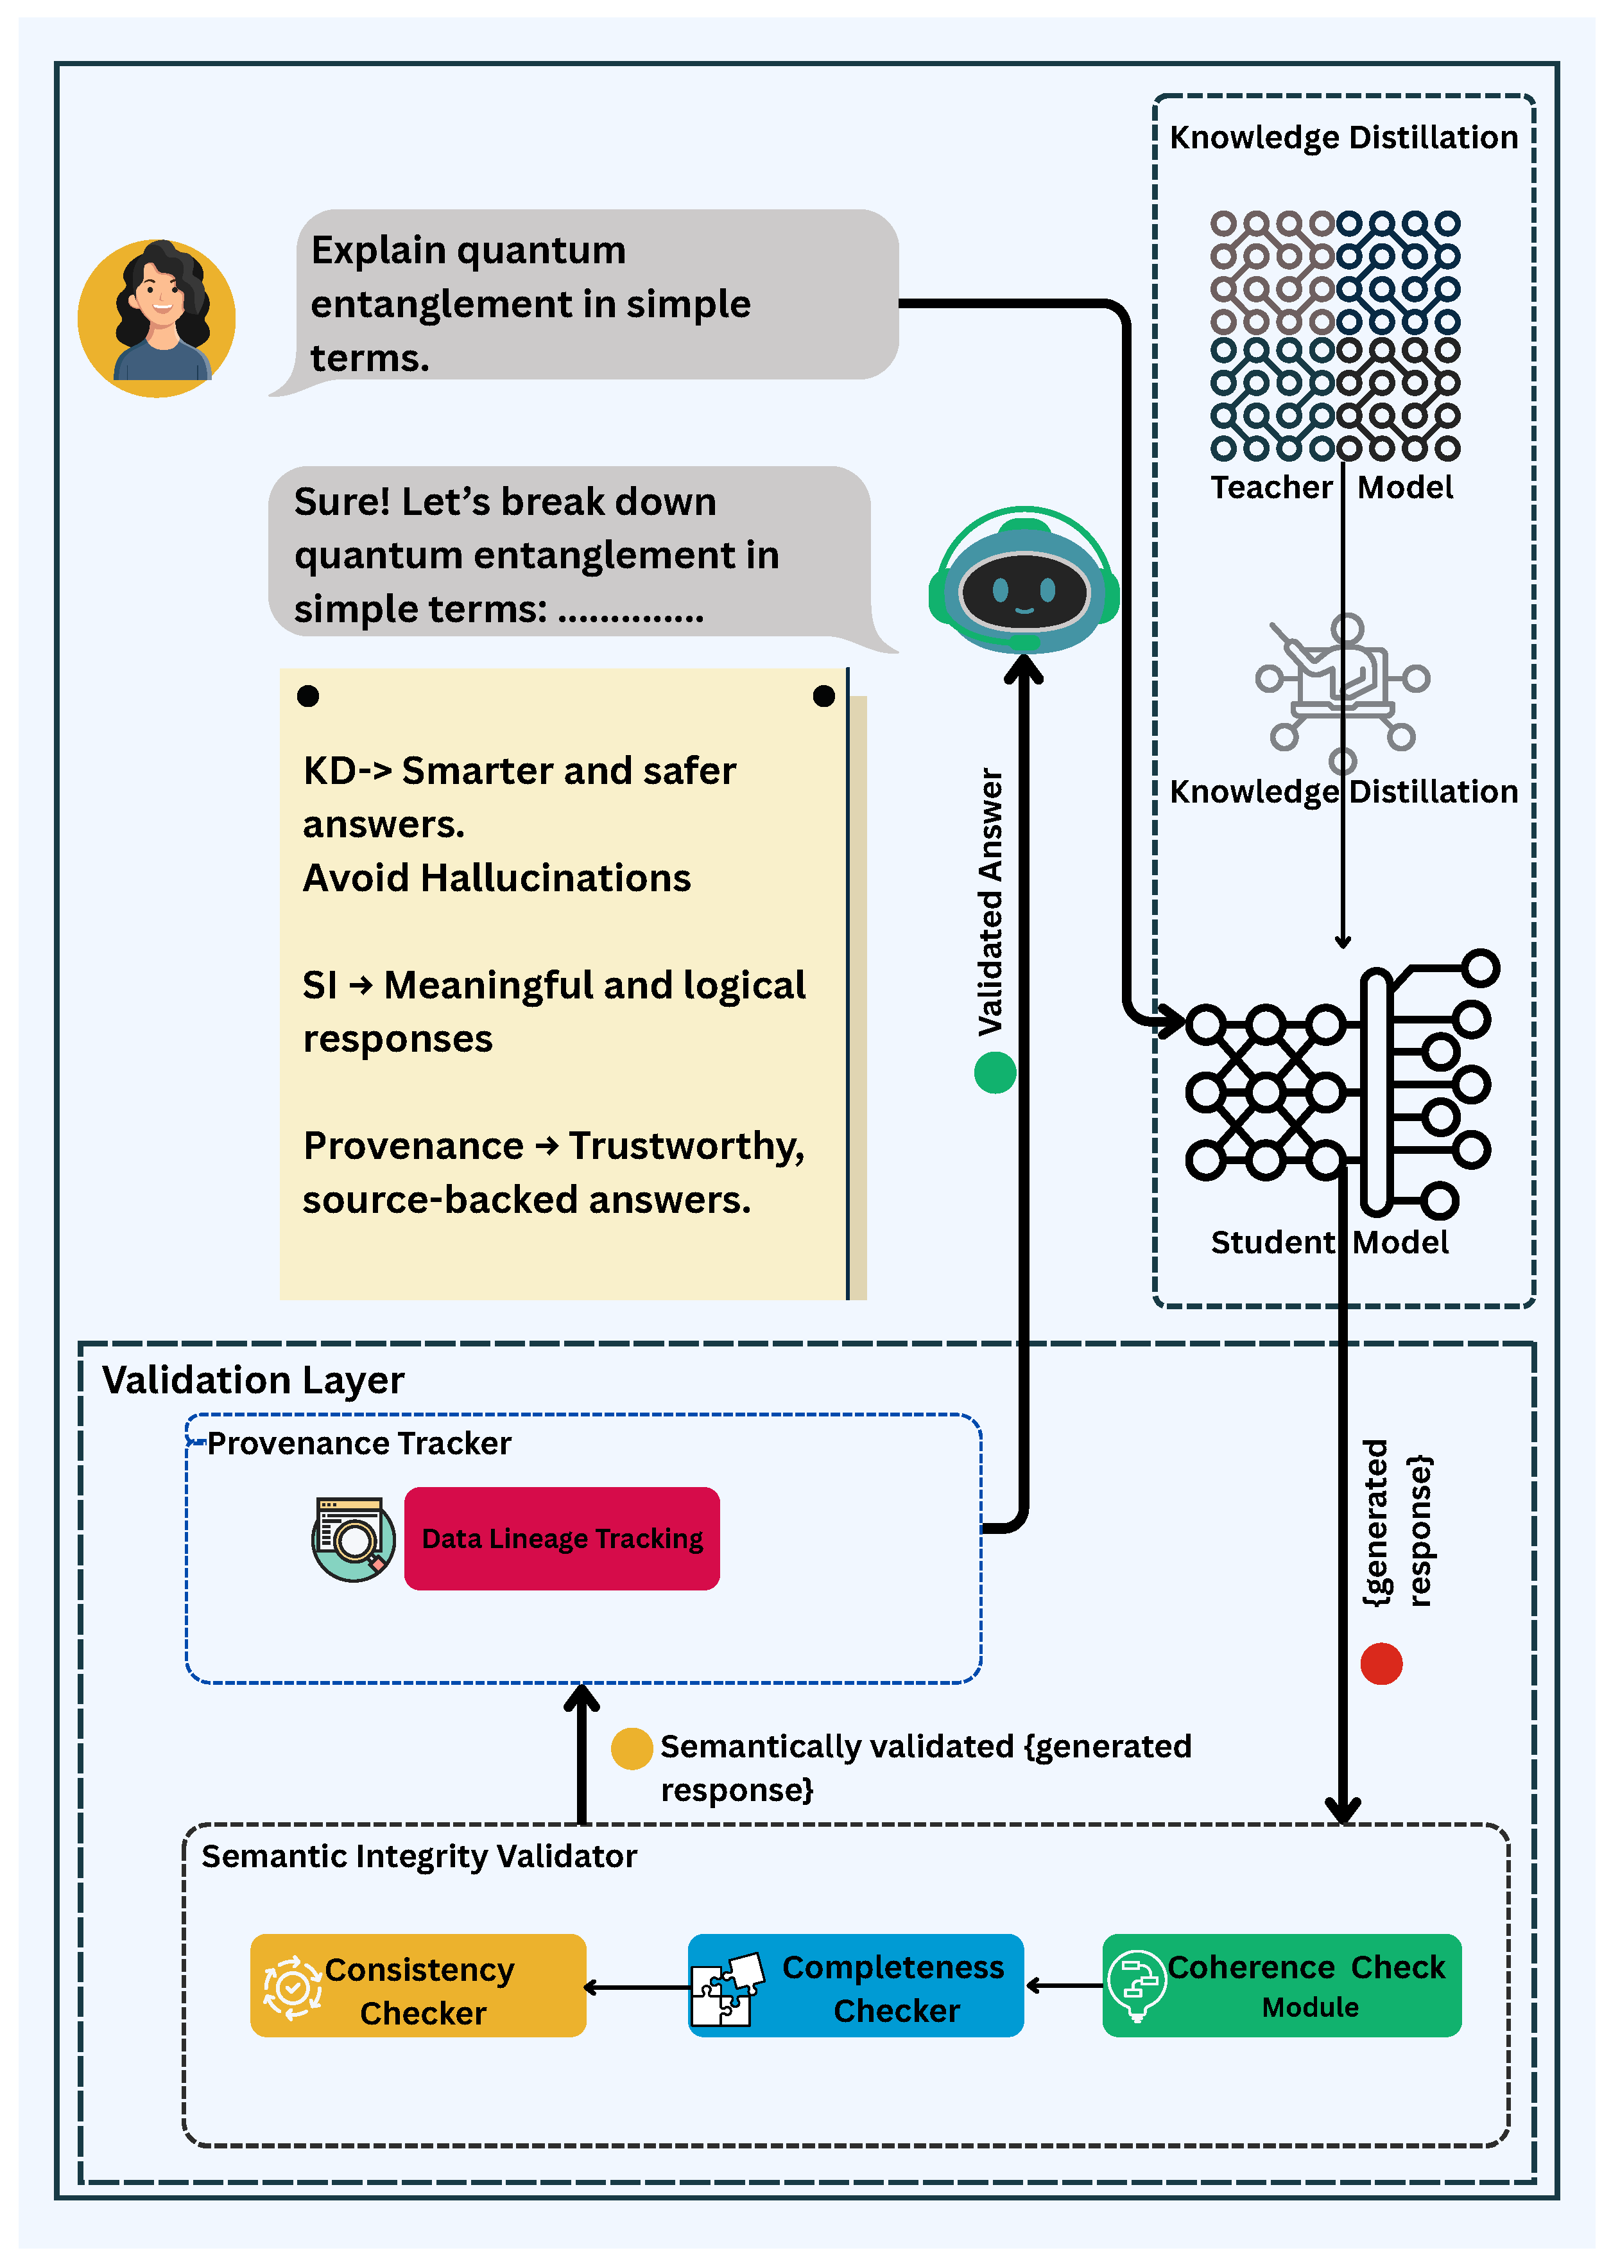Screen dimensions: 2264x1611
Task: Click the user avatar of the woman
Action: [x=157, y=317]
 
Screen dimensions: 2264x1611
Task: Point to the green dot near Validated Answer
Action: [x=994, y=1072]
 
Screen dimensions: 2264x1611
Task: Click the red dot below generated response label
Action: [x=1381, y=1664]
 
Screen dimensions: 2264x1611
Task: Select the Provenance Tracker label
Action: [x=358, y=1443]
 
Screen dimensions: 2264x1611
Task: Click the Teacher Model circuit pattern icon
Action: [x=1334, y=335]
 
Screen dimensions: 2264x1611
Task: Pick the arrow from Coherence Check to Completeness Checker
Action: [x=1064, y=1985]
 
